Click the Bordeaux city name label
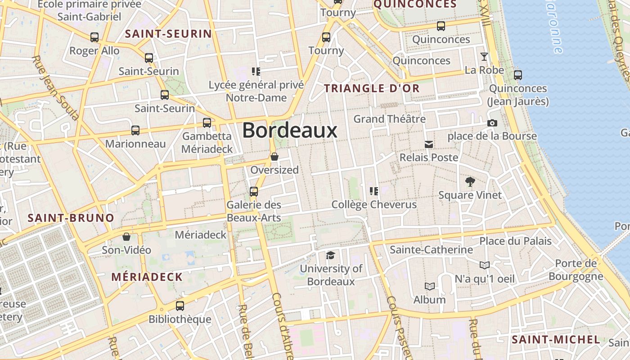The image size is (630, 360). pyautogui.click(x=290, y=130)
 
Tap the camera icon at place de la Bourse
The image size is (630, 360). pyautogui.click(x=492, y=123)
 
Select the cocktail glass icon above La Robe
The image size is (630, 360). pyautogui.click(x=484, y=56)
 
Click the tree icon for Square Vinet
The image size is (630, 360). pyautogui.click(x=470, y=182)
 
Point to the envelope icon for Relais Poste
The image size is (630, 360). pyautogui.click(x=429, y=144)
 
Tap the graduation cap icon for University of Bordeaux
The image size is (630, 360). pyautogui.click(x=331, y=256)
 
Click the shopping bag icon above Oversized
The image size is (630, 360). pyautogui.click(x=274, y=157)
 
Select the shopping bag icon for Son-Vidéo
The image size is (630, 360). pyautogui.click(x=126, y=237)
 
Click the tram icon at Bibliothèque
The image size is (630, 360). pyautogui.click(x=180, y=306)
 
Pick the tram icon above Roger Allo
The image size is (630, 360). pyautogui.click(x=94, y=37)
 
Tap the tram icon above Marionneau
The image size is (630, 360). pyautogui.click(x=135, y=130)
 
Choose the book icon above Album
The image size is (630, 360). pyautogui.click(x=430, y=286)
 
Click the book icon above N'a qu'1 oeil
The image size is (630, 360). pyautogui.click(x=484, y=265)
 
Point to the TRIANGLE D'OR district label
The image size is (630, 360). pyautogui.click(x=372, y=89)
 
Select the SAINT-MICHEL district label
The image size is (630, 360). pyautogui.click(x=556, y=340)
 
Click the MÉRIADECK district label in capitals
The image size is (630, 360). pyautogui.click(x=147, y=277)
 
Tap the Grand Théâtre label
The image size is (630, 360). pyautogui.click(x=389, y=119)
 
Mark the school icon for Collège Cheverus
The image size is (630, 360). pyautogui.click(x=373, y=191)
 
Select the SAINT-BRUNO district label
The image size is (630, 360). pyautogui.click(x=71, y=218)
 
